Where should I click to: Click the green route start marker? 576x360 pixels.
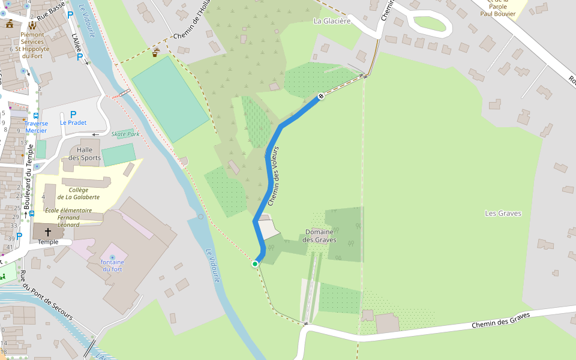pos(255,263)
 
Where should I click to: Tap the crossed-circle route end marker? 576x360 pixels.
pos(321,96)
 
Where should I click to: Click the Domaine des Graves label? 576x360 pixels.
pos(319,236)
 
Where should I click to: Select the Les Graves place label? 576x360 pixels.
pos(503,213)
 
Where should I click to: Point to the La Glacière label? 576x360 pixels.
pos(332,21)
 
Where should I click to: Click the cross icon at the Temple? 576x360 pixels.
pos(48,232)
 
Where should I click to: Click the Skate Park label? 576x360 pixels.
pos(125,134)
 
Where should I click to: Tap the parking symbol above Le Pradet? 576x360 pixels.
pos(73,114)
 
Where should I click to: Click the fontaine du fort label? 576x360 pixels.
pos(112,265)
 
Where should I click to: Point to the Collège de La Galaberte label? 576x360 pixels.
pos(79,193)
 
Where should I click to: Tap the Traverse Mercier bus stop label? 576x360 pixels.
pos(36,127)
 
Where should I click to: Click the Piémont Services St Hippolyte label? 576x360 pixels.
pos(32,45)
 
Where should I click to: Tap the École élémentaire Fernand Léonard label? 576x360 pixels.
pos(68,217)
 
